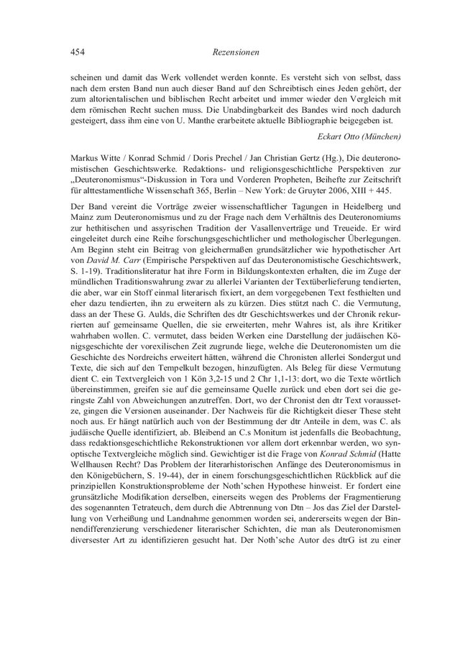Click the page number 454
(78, 52)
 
